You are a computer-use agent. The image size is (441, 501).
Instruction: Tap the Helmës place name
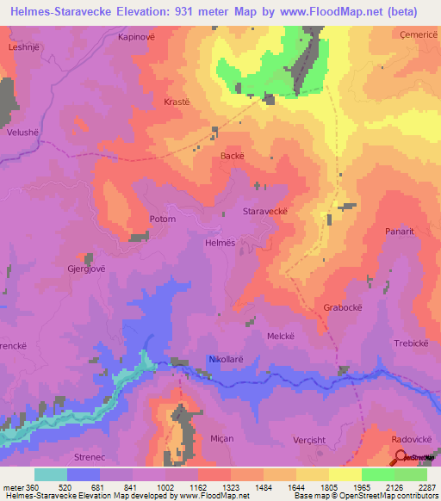[220, 243]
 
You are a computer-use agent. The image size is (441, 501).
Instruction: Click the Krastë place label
[176, 102]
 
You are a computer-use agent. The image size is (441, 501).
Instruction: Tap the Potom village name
[162, 219]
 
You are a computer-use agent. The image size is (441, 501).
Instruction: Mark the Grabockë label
[340, 306]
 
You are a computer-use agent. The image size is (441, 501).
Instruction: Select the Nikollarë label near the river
[227, 359]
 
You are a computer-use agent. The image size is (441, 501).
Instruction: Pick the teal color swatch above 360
[50, 474]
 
